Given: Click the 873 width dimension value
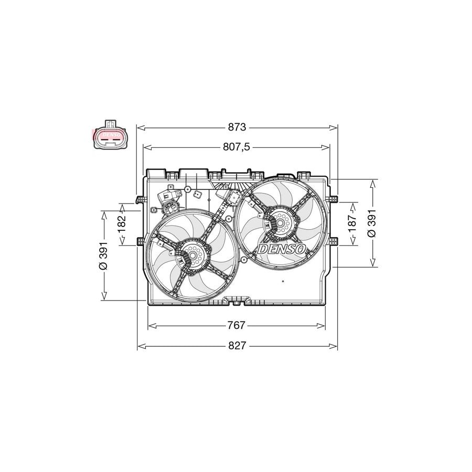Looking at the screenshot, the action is (x=237, y=127).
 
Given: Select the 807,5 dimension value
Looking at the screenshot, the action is (x=237, y=147).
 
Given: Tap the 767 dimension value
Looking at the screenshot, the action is (x=237, y=325).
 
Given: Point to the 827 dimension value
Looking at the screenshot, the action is (x=237, y=346).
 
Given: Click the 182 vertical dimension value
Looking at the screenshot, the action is (x=121, y=224).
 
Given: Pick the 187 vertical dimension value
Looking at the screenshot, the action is (x=352, y=223).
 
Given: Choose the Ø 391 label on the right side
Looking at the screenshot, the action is (x=372, y=223).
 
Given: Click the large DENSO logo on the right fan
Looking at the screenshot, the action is (x=282, y=249).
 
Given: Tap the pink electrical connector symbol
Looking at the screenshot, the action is (x=110, y=136).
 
